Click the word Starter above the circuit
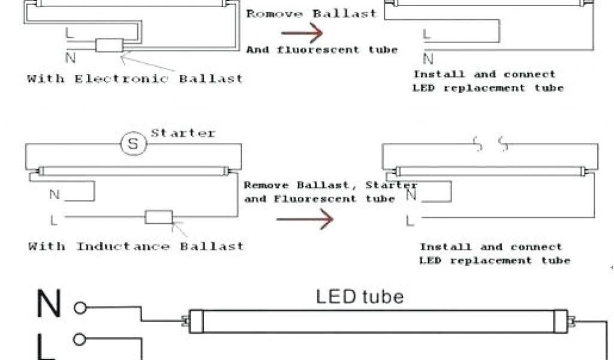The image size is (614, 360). tap(182, 133)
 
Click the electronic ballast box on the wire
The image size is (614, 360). tap(109, 46)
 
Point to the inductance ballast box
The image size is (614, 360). tap(159, 217)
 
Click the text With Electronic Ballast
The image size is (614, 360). tap(135, 79)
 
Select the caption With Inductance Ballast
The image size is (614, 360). tap(136, 246)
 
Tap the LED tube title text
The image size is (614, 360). tap(360, 296)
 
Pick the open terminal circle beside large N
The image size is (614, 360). tap(80, 308)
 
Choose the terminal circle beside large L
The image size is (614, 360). tap(80, 339)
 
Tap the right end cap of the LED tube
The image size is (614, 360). tap(561, 320)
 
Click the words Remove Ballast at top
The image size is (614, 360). tap(311, 13)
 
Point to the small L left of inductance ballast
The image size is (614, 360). tap(54, 220)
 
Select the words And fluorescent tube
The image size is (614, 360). tap(321, 50)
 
